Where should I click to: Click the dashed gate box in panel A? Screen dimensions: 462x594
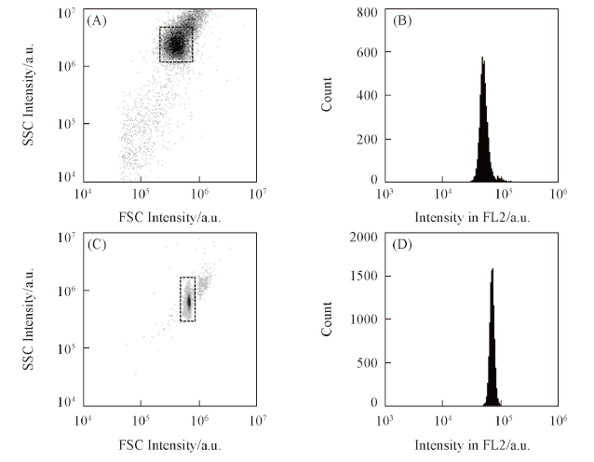point(176,44)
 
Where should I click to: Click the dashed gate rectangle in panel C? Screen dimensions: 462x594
point(187,299)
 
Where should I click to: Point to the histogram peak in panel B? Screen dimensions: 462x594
point(481,59)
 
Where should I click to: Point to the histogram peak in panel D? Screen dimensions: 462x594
point(492,271)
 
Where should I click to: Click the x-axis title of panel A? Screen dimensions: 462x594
point(169,216)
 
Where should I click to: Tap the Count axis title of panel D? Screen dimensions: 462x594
point(328,319)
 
